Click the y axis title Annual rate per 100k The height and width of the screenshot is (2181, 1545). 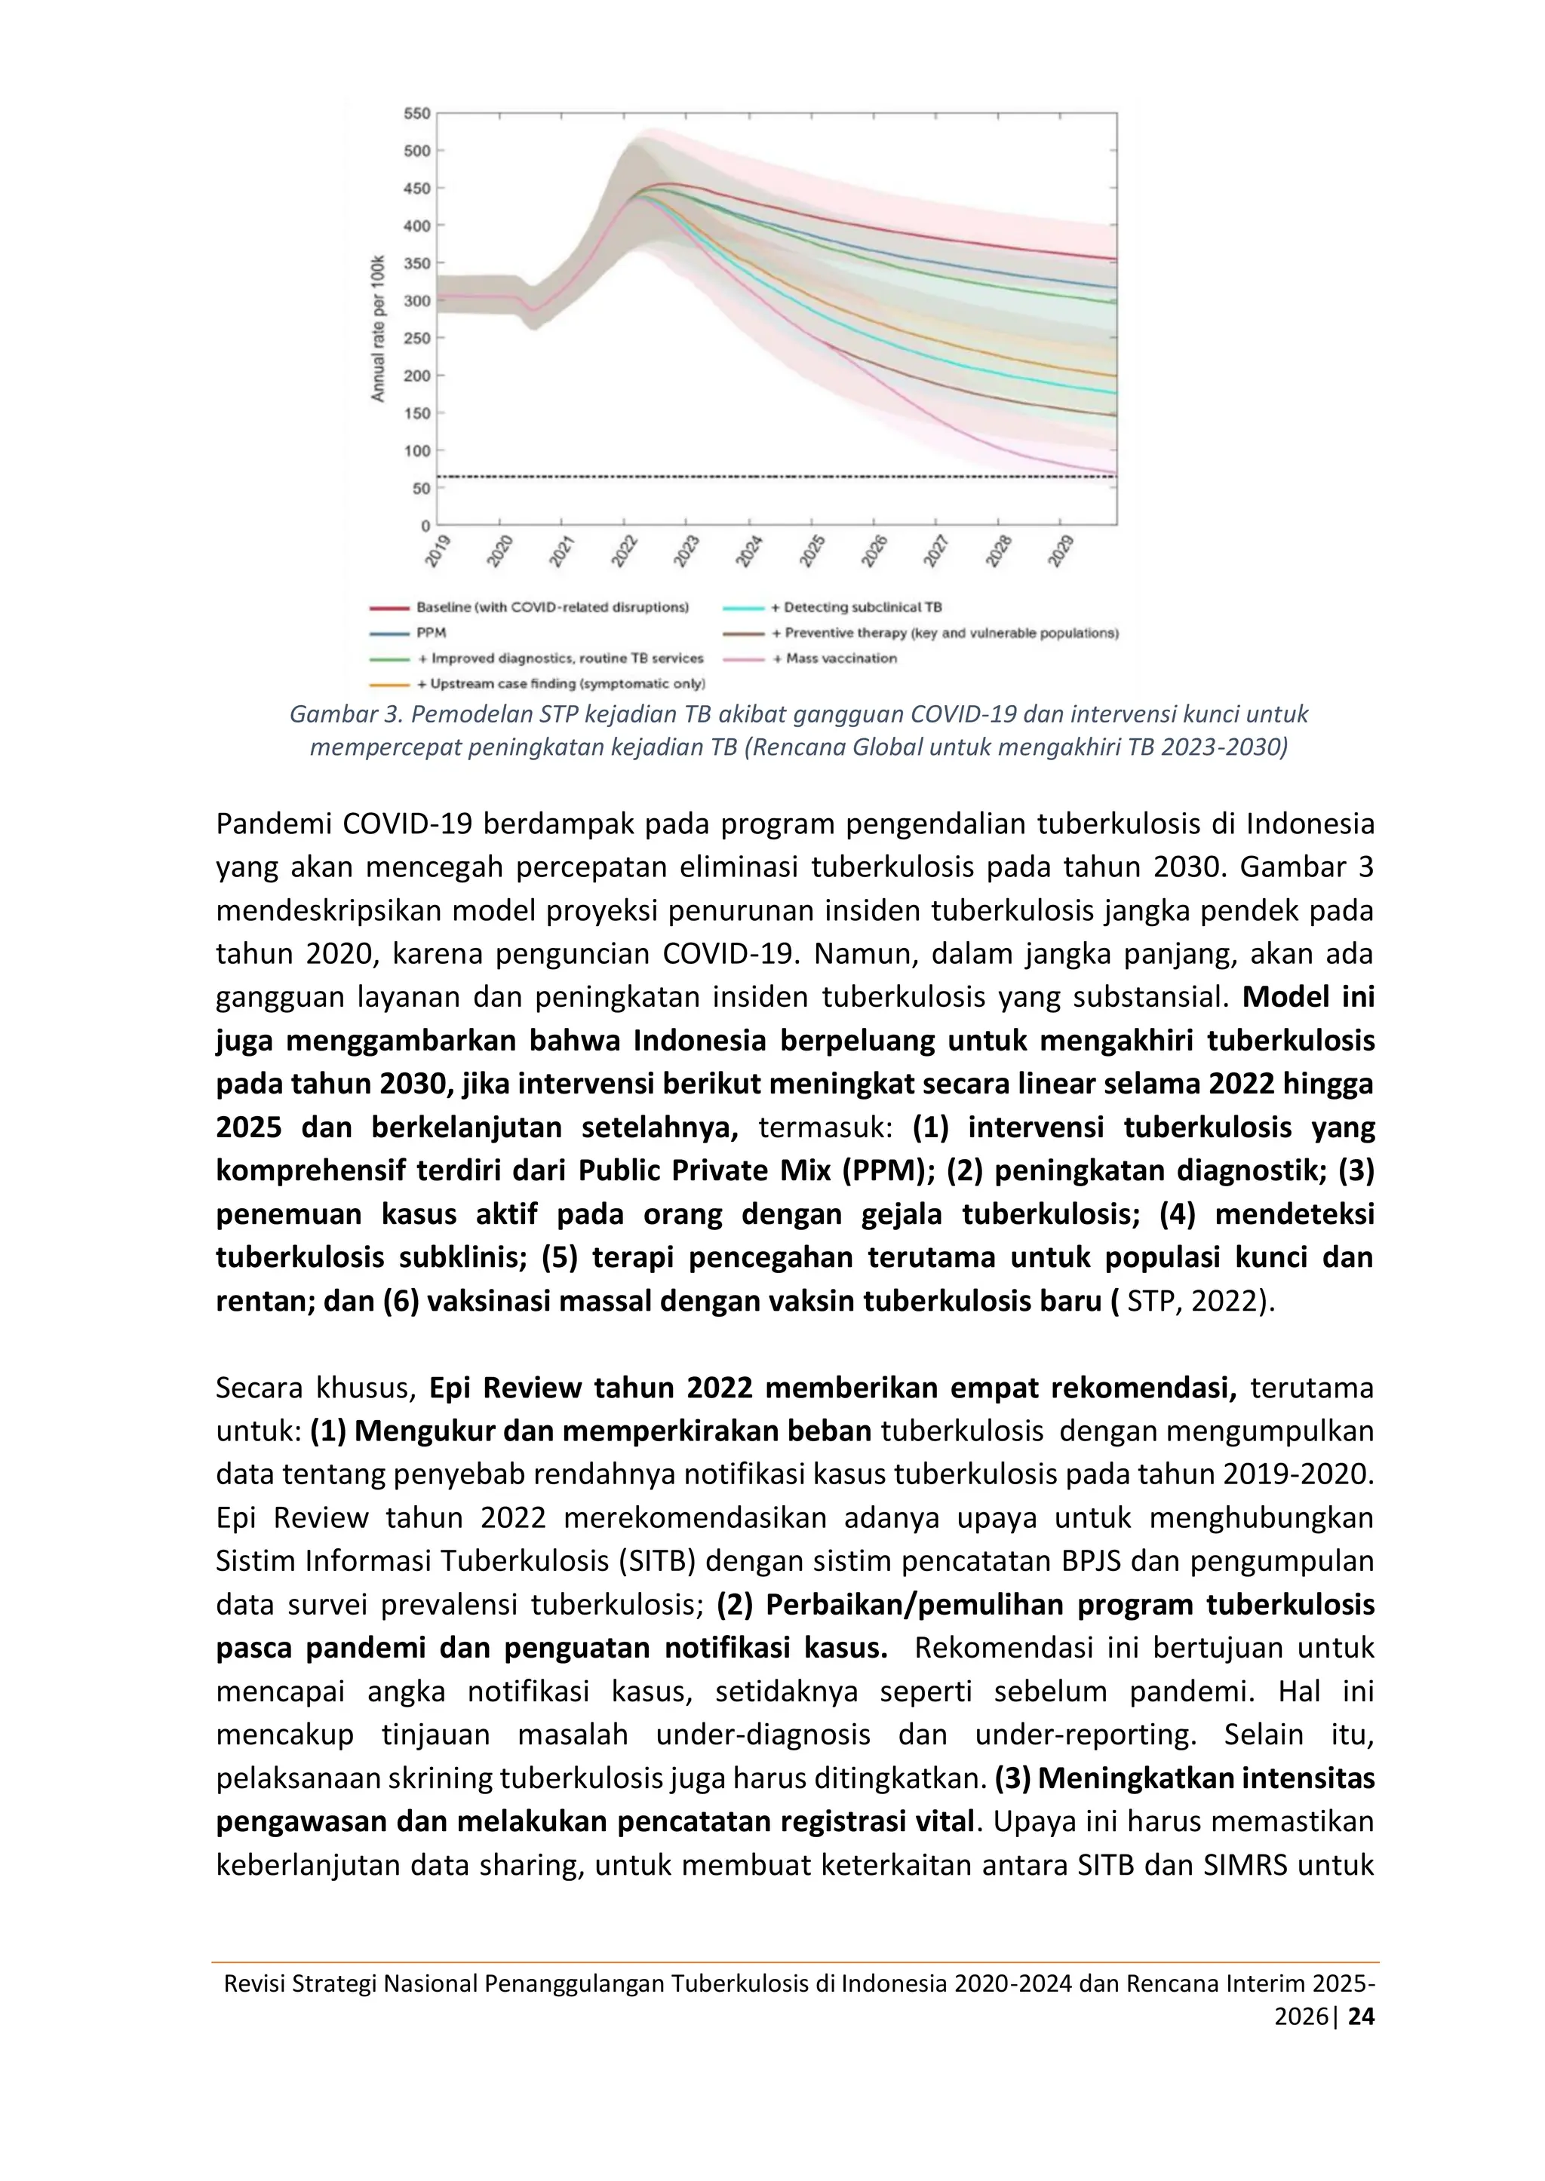378,328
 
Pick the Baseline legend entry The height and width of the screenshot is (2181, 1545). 551,607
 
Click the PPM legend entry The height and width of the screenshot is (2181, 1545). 431,633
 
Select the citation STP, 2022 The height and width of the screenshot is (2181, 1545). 1194,1301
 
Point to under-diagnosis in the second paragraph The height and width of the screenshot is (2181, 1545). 763,1735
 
